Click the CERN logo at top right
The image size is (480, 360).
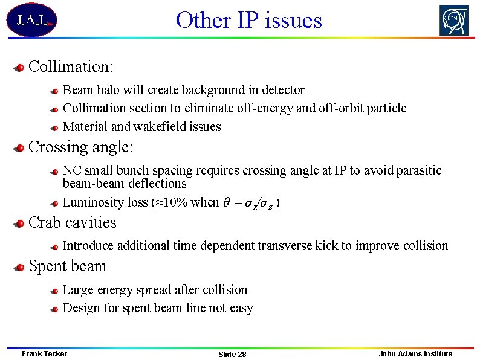(x=453, y=20)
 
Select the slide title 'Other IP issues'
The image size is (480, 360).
(x=248, y=20)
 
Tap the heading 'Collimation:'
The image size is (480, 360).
(x=71, y=66)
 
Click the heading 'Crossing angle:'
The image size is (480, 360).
(x=81, y=147)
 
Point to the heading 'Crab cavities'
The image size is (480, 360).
(x=72, y=222)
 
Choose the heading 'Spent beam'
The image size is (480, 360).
(x=67, y=266)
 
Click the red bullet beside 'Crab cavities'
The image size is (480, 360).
(x=20, y=223)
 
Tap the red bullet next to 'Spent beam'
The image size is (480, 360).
(x=20, y=268)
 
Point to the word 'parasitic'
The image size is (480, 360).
(x=419, y=171)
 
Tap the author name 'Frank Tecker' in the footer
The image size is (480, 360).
(x=44, y=353)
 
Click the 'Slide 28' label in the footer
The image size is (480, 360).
(x=232, y=354)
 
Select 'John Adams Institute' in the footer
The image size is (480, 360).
(x=415, y=353)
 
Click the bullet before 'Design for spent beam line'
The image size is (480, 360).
(x=54, y=309)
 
